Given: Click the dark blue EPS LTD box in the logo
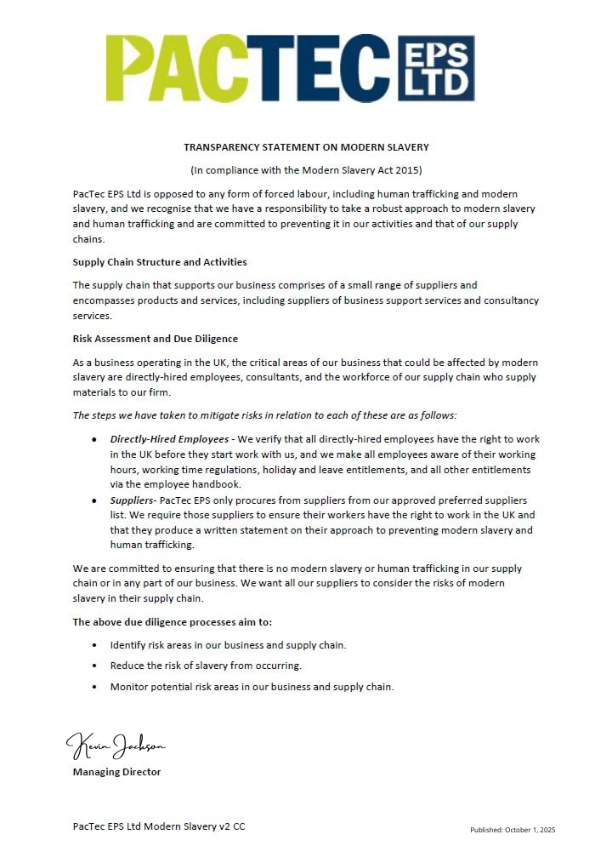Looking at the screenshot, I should (x=435, y=68).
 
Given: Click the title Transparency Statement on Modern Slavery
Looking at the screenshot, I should (x=306, y=147).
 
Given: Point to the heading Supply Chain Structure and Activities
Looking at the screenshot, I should (x=160, y=262).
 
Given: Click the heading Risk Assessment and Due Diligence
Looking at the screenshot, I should (x=156, y=339).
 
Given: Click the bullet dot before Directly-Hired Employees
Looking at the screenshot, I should (x=93, y=439).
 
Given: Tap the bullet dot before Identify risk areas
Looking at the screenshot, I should (x=93, y=644).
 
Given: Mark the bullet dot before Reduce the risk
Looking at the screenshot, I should (x=93, y=666).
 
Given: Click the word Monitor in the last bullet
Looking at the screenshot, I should (x=128, y=687).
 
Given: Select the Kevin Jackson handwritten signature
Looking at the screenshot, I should (x=116, y=746).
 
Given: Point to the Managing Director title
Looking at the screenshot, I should (x=116, y=772).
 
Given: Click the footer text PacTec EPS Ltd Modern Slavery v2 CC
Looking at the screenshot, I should (x=159, y=826).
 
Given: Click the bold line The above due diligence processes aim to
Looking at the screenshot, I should (x=173, y=622).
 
